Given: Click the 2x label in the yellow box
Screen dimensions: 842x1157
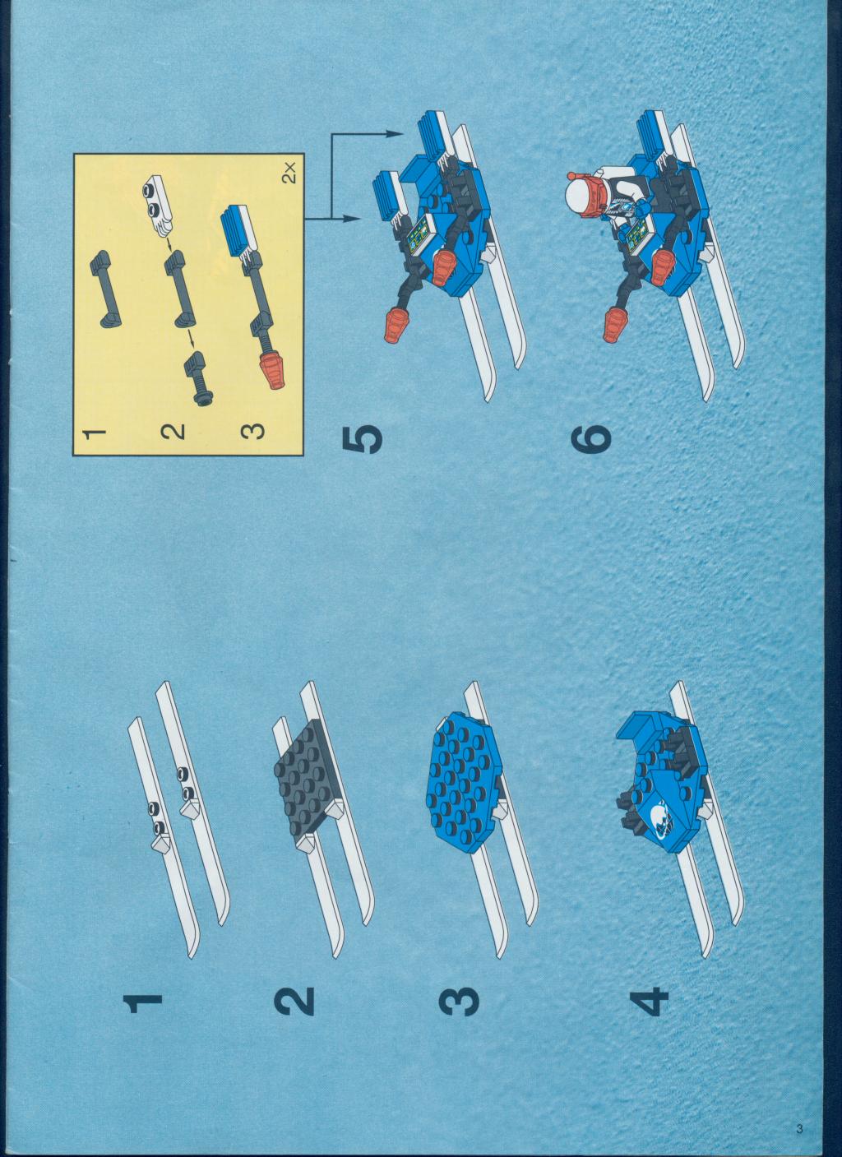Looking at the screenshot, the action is coord(290,172).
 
